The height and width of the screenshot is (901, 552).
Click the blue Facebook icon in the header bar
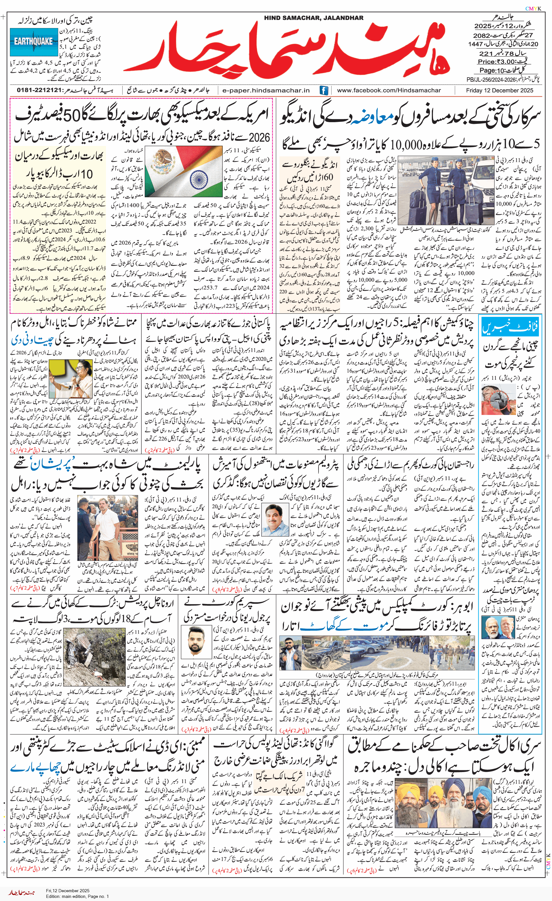click(324, 90)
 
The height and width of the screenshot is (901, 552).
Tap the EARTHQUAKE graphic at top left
click(34, 42)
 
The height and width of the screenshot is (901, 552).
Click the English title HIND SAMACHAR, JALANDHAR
click(314, 18)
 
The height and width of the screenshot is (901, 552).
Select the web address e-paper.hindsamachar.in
click(266, 90)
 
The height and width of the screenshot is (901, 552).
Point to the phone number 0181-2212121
click(39, 90)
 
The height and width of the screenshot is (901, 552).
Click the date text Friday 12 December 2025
click(499, 90)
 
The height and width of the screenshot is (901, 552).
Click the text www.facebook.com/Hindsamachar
click(388, 90)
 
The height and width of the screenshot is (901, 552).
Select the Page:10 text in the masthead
click(492, 70)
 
